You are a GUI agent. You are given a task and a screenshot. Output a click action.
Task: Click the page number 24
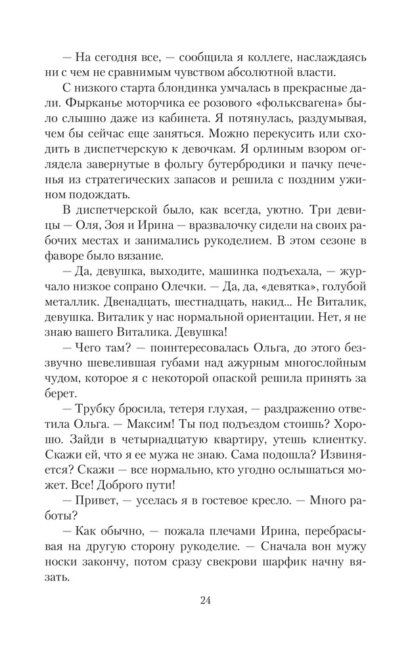point(205,599)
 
